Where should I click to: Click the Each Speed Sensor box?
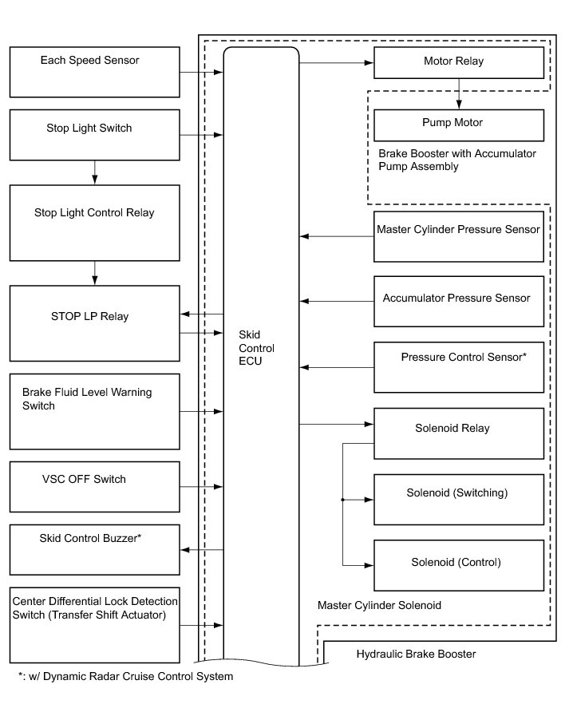pyautogui.click(x=94, y=72)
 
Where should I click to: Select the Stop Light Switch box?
pyautogui.click(x=94, y=134)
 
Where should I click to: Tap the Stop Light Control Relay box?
pyautogui.click(x=94, y=223)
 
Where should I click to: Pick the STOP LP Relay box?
pyautogui.click(x=94, y=323)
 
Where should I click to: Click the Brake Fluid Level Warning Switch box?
pyautogui.click(x=94, y=411)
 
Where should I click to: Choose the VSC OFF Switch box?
pyautogui.click(x=94, y=486)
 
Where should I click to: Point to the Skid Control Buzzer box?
pyautogui.click(x=94, y=549)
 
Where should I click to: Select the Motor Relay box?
pyautogui.click(x=459, y=62)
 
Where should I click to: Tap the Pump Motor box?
pyautogui.click(x=459, y=125)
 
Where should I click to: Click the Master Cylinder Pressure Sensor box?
pyautogui.click(x=459, y=236)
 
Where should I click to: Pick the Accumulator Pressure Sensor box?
pyautogui.click(x=459, y=301)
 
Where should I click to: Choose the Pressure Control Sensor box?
pyautogui.click(x=459, y=366)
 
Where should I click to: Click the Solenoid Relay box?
pyautogui.click(x=459, y=433)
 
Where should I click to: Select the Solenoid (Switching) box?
pyautogui.click(x=459, y=499)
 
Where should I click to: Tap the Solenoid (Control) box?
pyautogui.click(x=459, y=566)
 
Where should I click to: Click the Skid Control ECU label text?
pyautogui.click(x=256, y=348)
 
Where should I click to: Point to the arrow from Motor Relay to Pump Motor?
pyautogui.click(x=458, y=93)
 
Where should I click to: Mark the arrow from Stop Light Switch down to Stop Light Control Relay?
pyautogui.click(x=94, y=172)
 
